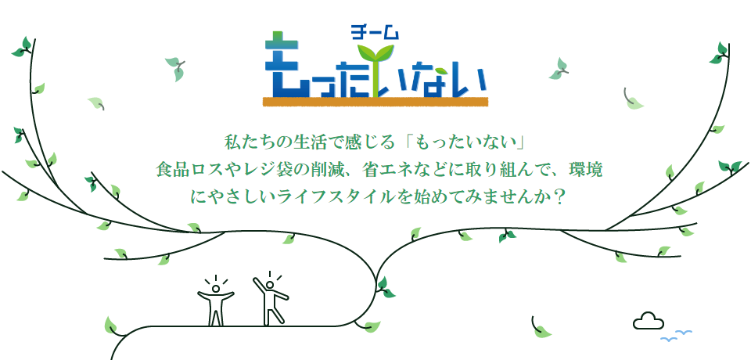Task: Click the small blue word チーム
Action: tap(375, 34)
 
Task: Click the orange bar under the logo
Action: tap(375, 101)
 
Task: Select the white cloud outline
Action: tap(648, 320)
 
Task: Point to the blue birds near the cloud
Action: tap(675, 337)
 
